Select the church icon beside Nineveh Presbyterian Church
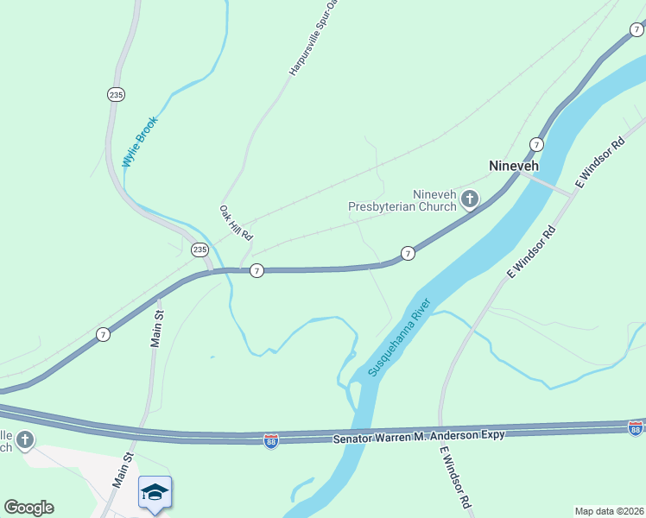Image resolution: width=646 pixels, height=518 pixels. point(470,200)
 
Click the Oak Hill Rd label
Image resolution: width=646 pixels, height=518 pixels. point(235,223)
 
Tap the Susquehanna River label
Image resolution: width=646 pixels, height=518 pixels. point(399,338)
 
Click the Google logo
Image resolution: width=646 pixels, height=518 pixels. point(28,508)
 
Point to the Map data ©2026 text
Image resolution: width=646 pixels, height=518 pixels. point(609,511)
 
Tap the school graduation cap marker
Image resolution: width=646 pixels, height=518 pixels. point(155,492)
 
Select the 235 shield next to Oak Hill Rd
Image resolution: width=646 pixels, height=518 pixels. point(200,250)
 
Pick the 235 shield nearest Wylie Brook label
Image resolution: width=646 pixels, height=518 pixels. point(115,94)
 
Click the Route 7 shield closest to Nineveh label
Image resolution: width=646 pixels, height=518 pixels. point(536,144)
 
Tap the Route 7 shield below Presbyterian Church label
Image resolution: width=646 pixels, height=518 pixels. point(408,253)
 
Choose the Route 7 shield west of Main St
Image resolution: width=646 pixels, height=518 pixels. point(103,334)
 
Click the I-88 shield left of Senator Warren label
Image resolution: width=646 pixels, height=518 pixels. point(271,440)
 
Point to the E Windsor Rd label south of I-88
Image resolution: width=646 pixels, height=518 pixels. point(455,477)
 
